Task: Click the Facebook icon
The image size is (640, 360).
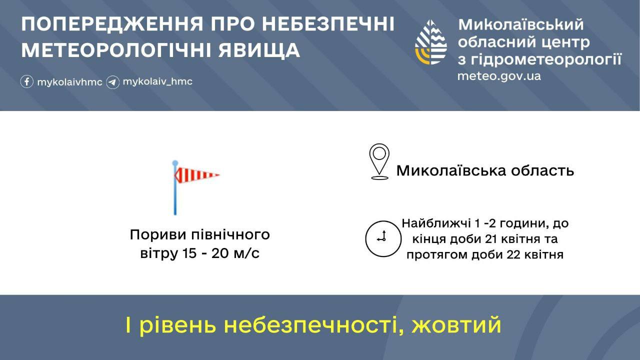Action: pos(26,81)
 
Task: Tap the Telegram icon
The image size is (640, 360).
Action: pos(112,82)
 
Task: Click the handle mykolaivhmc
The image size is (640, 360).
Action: pos(69,82)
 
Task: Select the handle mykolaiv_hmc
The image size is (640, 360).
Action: pos(157,81)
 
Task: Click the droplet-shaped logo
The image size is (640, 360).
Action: pos(430,42)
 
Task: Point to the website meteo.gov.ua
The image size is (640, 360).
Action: pos(499,76)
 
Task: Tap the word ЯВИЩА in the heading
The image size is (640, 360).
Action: pos(259,50)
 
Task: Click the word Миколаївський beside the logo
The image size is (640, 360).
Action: pos(521,24)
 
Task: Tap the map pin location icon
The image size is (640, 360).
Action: pos(379,161)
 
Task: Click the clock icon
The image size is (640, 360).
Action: pos(383,238)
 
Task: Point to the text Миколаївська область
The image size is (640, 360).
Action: pos(485,171)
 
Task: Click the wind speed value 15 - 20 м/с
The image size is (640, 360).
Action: pos(220,253)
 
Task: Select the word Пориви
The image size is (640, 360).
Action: pos(158,235)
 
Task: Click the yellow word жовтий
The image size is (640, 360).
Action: pos(456,325)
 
